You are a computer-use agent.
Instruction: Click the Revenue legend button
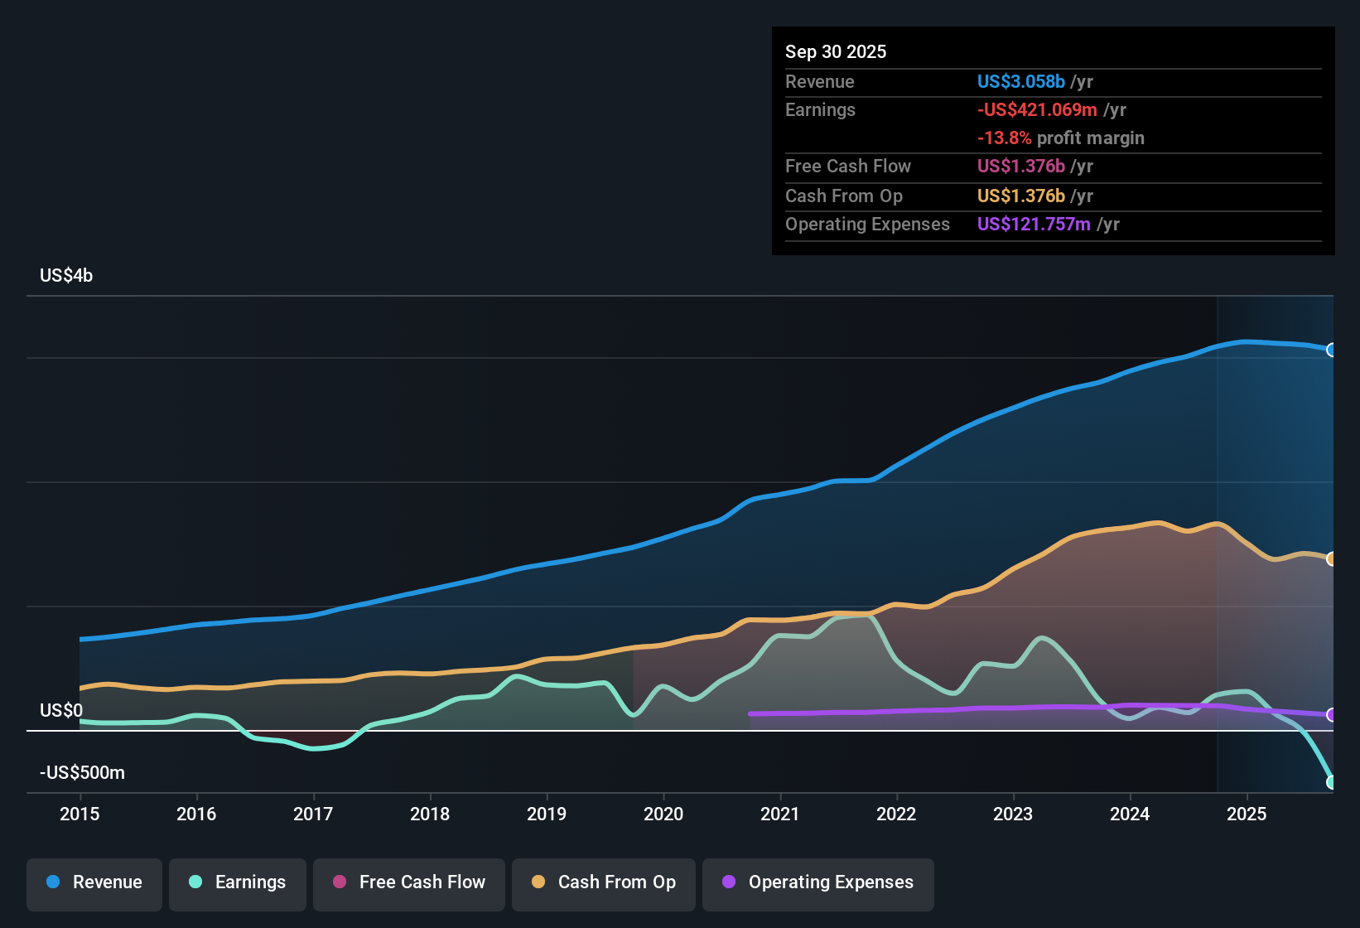[x=94, y=882]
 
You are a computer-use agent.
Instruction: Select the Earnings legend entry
[x=238, y=882]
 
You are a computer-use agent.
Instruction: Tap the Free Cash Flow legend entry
[x=409, y=882]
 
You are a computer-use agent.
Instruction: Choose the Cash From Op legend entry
[x=604, y=882]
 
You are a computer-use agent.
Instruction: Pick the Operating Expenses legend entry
[x=818, y=882]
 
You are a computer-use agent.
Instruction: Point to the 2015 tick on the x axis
[x=80, y=814]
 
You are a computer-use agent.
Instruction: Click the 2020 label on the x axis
[x=663, y=814]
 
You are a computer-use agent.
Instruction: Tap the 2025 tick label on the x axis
[x=1247, y=814]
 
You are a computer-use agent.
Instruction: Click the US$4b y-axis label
[x=66, y=276]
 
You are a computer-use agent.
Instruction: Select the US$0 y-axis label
[x=61, y=710]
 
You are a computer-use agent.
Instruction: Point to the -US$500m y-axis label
[x=82, y=773]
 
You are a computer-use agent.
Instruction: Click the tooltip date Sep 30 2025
[x=836, y=51]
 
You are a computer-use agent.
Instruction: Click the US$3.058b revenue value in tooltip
[x=1020, y=81]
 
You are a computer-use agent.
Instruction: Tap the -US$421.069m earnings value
[x=1037, y=109]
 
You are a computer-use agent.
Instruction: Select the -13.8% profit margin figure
[x=1004, y=138]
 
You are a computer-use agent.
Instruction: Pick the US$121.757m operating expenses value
[x=1034, y=224]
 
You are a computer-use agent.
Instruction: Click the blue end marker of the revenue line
[x=1331, y=350]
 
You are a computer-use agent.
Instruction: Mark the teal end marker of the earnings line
[x=1331, y=781]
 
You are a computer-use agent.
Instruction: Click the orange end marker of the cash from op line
[x=1331, y=558]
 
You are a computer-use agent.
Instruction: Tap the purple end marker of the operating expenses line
[x=1331, y=714]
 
